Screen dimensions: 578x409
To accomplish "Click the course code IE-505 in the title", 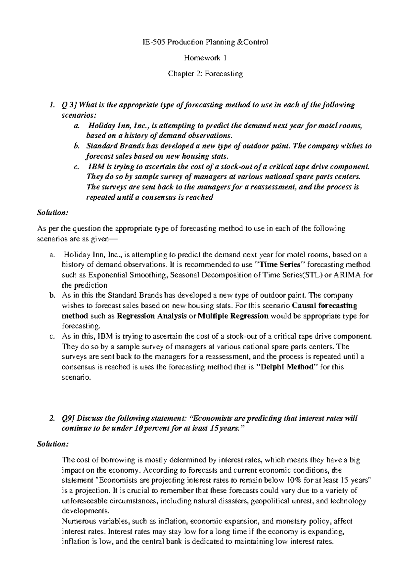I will pos(151,42).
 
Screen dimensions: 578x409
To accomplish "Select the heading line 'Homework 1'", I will pos(205,58).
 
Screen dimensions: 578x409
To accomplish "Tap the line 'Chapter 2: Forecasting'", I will pos(205,74).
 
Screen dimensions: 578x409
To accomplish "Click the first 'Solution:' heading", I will pos(52,212).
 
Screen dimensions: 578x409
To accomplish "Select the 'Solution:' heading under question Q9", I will pos(52,444).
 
